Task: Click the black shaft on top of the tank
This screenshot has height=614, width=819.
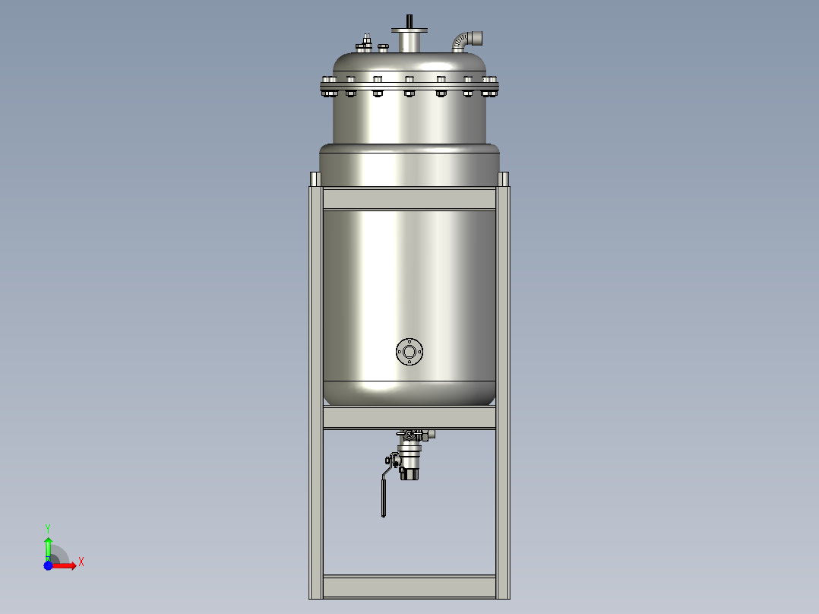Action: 409,21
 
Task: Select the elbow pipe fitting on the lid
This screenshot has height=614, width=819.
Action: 462,39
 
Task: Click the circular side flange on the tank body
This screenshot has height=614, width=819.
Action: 409,351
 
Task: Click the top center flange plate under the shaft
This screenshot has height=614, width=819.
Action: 409,31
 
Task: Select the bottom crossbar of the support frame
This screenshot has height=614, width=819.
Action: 409,587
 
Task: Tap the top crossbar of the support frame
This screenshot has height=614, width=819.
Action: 409,199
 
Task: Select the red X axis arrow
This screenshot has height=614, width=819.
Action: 65,565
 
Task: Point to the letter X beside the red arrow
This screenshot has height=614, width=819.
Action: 81,562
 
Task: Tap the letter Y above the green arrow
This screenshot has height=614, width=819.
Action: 47,527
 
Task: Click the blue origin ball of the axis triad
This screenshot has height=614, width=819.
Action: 48,565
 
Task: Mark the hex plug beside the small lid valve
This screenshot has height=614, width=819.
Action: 383,47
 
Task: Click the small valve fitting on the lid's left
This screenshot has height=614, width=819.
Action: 365,43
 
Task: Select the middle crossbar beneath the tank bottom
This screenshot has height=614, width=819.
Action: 409,418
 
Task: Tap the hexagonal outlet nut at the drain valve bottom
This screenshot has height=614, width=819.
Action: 409,473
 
